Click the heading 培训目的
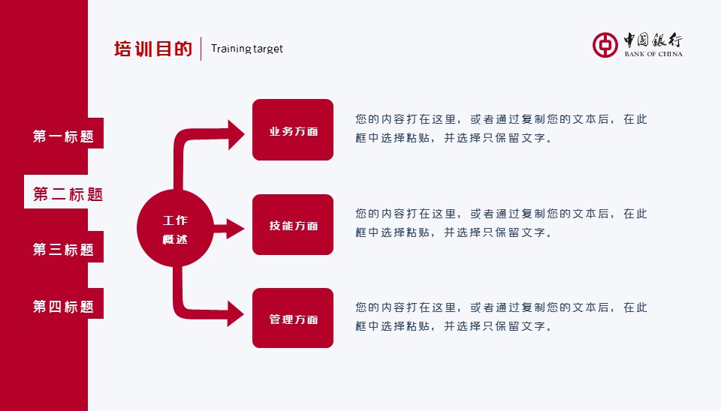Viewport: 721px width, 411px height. pos(153,49)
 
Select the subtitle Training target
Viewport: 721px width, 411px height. pos(247,49)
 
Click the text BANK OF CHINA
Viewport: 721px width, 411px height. pos(653,54)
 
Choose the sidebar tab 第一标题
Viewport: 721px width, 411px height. pos(63,136)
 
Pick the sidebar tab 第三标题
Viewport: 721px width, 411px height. pos(63,250)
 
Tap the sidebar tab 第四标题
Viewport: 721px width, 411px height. pos(63,307)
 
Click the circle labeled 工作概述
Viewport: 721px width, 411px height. pos(175,229)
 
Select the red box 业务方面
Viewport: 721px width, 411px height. pos(293,130)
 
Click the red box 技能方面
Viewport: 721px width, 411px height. pos(293,225)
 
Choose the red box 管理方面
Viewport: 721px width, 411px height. pos(293,319)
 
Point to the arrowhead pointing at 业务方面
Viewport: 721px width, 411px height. pos(236,134)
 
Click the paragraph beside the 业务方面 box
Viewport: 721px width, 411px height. pos(501,128)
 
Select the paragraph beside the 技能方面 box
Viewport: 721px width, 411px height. pos(501,223)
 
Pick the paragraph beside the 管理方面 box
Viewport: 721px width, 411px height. pos(501,316)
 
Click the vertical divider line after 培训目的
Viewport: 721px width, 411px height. pos(201,49)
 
